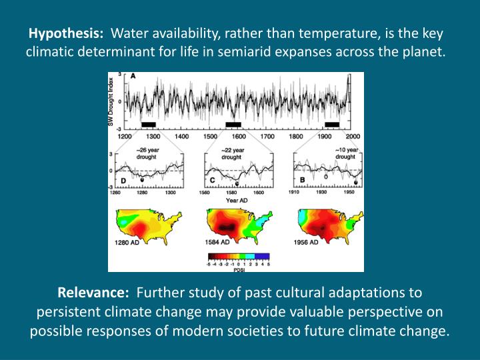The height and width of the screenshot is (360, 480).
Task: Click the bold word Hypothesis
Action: click(x=65, y=33)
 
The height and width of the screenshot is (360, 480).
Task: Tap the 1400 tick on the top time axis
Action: click(x=182, y=136)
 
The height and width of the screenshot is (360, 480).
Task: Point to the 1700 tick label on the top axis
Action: click(x=267, y=136)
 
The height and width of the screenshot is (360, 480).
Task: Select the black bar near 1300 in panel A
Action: click(x=148, y=124)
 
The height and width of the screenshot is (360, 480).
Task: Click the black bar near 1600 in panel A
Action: click(x=233, y=124)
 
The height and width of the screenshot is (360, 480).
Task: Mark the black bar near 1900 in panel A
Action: click(x=331, y=124)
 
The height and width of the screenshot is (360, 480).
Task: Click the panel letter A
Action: click(x=132, y=76)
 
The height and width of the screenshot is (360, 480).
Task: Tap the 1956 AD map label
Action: click(x=309, y=242)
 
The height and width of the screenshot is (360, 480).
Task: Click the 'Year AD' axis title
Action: click(x=238, y=199)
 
